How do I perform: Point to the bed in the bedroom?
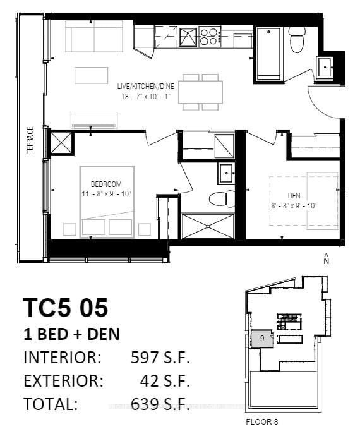pos(107,202)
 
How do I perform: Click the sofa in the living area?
pos(95,39)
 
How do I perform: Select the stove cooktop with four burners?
pos(210,37)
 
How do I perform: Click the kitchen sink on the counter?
pos(187,37)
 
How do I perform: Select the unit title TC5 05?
pos(66,308)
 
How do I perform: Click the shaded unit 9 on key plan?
pos(261,338)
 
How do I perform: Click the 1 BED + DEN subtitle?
pos(71,334)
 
